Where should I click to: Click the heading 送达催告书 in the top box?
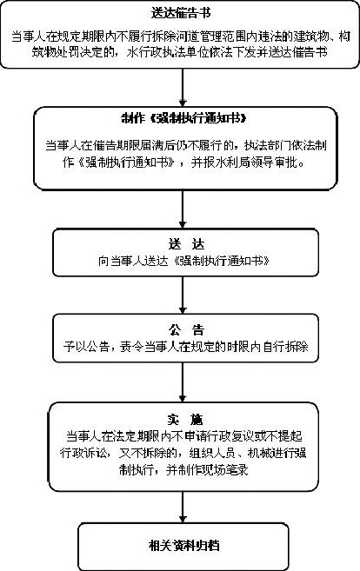[x=181, y=13]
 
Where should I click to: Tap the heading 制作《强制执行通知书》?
[x=183, y=118]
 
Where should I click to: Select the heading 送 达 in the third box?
[x=186, y=244]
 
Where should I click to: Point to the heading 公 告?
[x=186, y=330]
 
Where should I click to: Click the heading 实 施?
[x=184, y=420]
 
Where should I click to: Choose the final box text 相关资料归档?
[x=184, y=546]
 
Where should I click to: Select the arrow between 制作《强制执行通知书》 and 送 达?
[x=183, y=209]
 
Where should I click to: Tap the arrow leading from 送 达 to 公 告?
[x=183, y=295]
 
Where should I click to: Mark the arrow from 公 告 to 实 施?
[x=183, y=382]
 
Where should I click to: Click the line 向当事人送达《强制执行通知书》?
[x=184, y=261]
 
